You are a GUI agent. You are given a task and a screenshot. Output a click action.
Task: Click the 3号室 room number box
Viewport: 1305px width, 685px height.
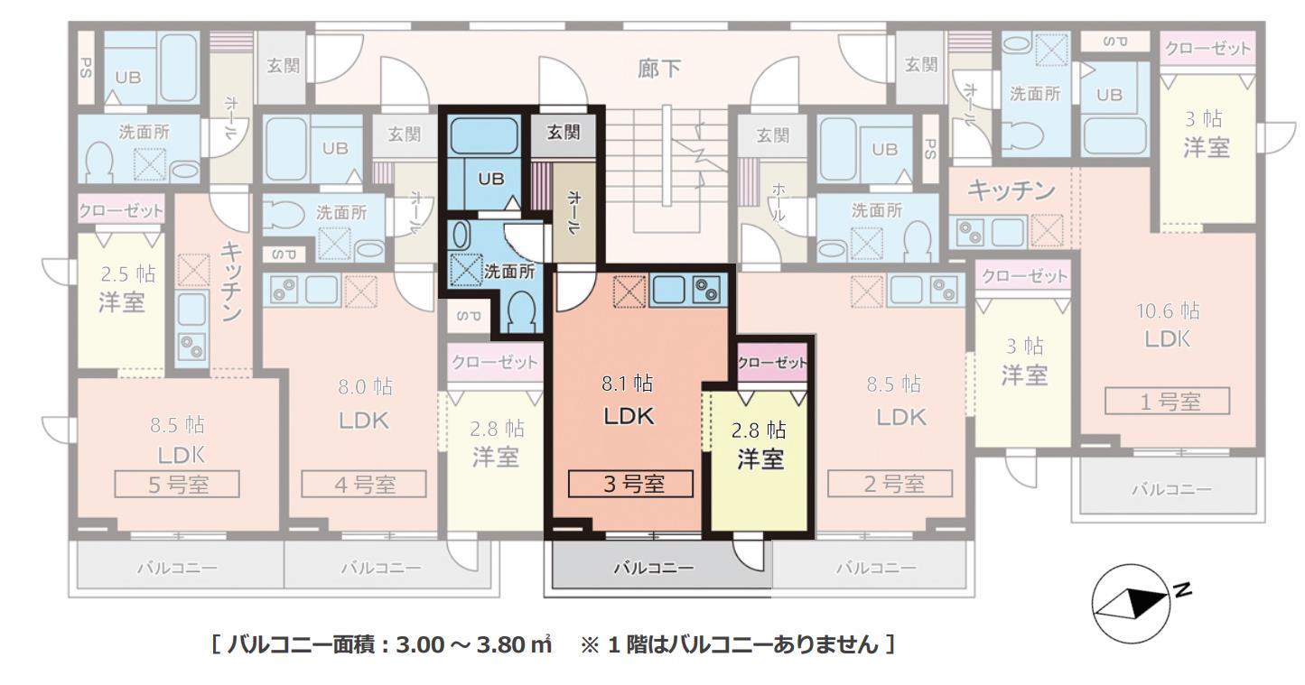click(630, 485)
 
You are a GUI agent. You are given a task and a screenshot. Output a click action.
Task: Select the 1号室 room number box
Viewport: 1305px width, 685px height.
click(1169, 402)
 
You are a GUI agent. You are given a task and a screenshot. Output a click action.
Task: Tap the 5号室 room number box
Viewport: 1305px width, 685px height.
click(177, 485)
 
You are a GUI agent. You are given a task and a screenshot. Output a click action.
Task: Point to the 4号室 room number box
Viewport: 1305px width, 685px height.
click(364, 485)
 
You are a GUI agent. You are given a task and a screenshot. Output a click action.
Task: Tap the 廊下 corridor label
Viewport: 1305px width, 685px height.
click(659, 69)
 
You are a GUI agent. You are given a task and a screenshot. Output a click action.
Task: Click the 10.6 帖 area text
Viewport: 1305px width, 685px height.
click(1169, 311)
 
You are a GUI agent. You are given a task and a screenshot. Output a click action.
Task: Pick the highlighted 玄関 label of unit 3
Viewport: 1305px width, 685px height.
click(564, 133)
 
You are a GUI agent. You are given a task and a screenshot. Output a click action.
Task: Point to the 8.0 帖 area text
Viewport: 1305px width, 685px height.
click(364, 387)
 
